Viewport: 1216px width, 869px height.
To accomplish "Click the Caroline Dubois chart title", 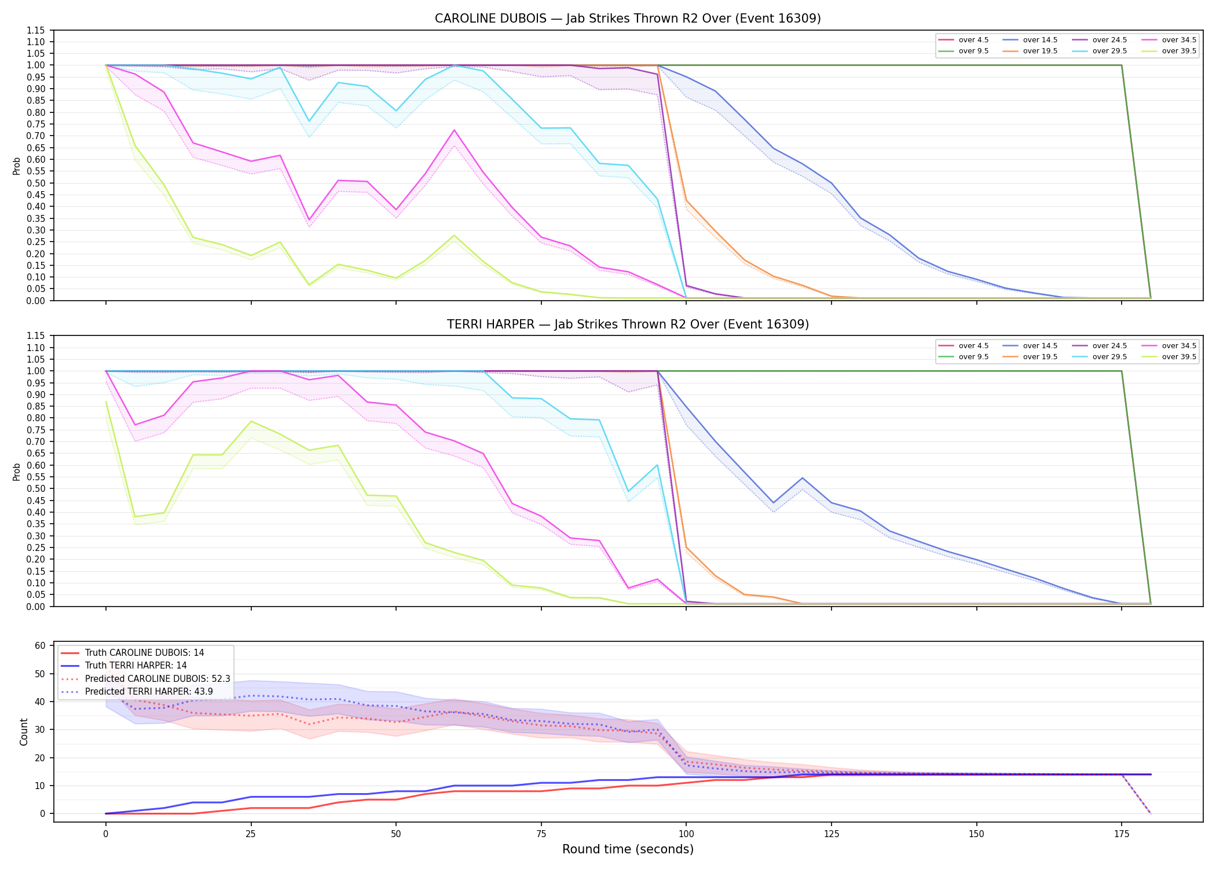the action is pyautogui.click(x=628, y=19).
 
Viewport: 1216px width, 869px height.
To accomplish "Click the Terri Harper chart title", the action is pyautogui.click(x=628, y=324).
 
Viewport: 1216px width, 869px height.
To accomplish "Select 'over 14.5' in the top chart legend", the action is pyautogui.click(x=1040, y=40).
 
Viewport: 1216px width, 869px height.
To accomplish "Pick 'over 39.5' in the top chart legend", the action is pyautogui.click(x=1179, y=51).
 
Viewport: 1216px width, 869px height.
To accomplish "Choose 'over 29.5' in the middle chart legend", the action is pyautogui.click(x=1109, y=357).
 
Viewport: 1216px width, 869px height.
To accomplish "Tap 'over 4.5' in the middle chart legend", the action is pyautogui.click(x=974, y=346).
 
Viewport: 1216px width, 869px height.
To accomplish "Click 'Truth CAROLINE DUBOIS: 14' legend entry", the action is pyautogui.click(x=144, y=653).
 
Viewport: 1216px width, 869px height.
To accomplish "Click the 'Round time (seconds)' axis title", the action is pyautogui.click(x=628, y=849).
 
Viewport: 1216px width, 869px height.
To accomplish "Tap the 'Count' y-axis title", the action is pyautogui.click(x=24, y=732).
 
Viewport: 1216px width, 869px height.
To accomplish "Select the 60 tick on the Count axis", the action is pyautogui.click(x=41, y=645).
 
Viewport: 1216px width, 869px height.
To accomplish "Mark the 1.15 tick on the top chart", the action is pyautogui.click(x=35, y=30).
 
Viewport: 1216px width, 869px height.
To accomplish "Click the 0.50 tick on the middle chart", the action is pyautogui.click(x=35, y=488).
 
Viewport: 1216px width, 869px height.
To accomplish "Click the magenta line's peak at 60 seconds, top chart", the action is pyautogui.click(x=454, y=130).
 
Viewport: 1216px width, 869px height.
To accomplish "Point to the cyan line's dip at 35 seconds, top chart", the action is pyautogui.click(x=309, y=121).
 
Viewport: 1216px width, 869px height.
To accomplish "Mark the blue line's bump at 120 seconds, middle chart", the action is pyautogui.click(x=802, y=478).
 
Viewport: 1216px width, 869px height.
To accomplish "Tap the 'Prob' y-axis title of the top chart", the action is pyautogui.click(x=17, y=166).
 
